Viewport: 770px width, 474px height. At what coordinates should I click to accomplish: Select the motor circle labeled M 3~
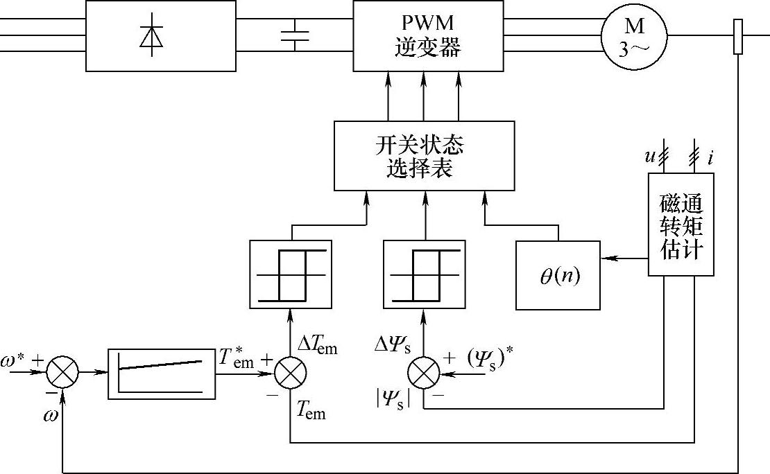(634, 36)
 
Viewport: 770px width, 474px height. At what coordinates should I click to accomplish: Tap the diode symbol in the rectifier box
(151, 36)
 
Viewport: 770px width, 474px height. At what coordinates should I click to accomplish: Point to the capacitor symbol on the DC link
(296, 35)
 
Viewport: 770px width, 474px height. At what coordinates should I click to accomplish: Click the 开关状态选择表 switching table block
(424, 156)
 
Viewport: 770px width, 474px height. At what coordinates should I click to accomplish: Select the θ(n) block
(558, 275)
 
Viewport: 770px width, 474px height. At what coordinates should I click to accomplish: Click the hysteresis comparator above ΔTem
(291, 274)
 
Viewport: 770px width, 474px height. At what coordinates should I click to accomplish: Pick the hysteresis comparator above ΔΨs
(424, 274)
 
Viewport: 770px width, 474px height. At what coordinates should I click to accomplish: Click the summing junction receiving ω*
(63, 374)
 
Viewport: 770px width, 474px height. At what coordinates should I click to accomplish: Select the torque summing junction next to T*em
(291, 374)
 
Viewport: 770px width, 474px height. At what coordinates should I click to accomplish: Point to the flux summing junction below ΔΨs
(424, 374)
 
